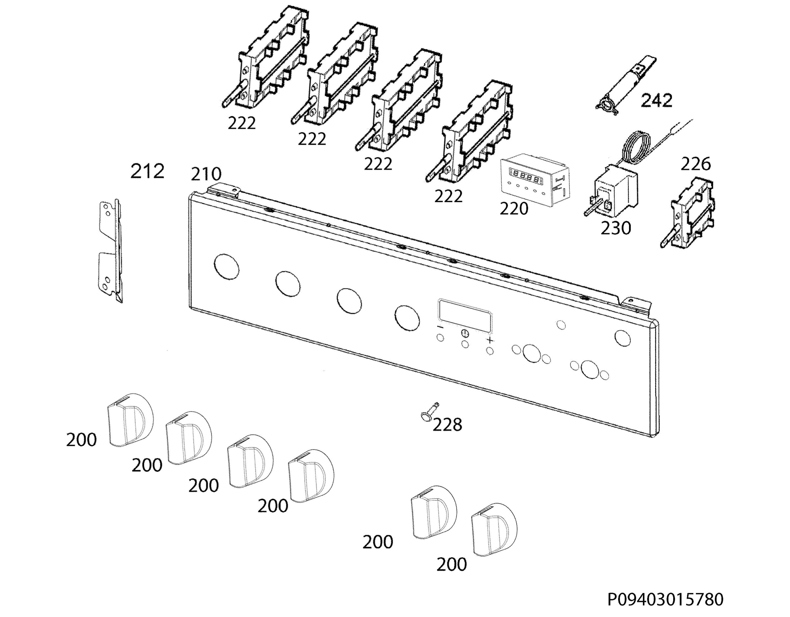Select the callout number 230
coord(616,228)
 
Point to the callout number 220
coord(513,209)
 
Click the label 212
coord(147,171)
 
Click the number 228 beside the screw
coord(447,424)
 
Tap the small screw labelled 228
coord(430,412)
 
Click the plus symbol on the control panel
coord(490,340)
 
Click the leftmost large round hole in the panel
coord(226,266)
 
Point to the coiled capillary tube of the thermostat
coord(638,146)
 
